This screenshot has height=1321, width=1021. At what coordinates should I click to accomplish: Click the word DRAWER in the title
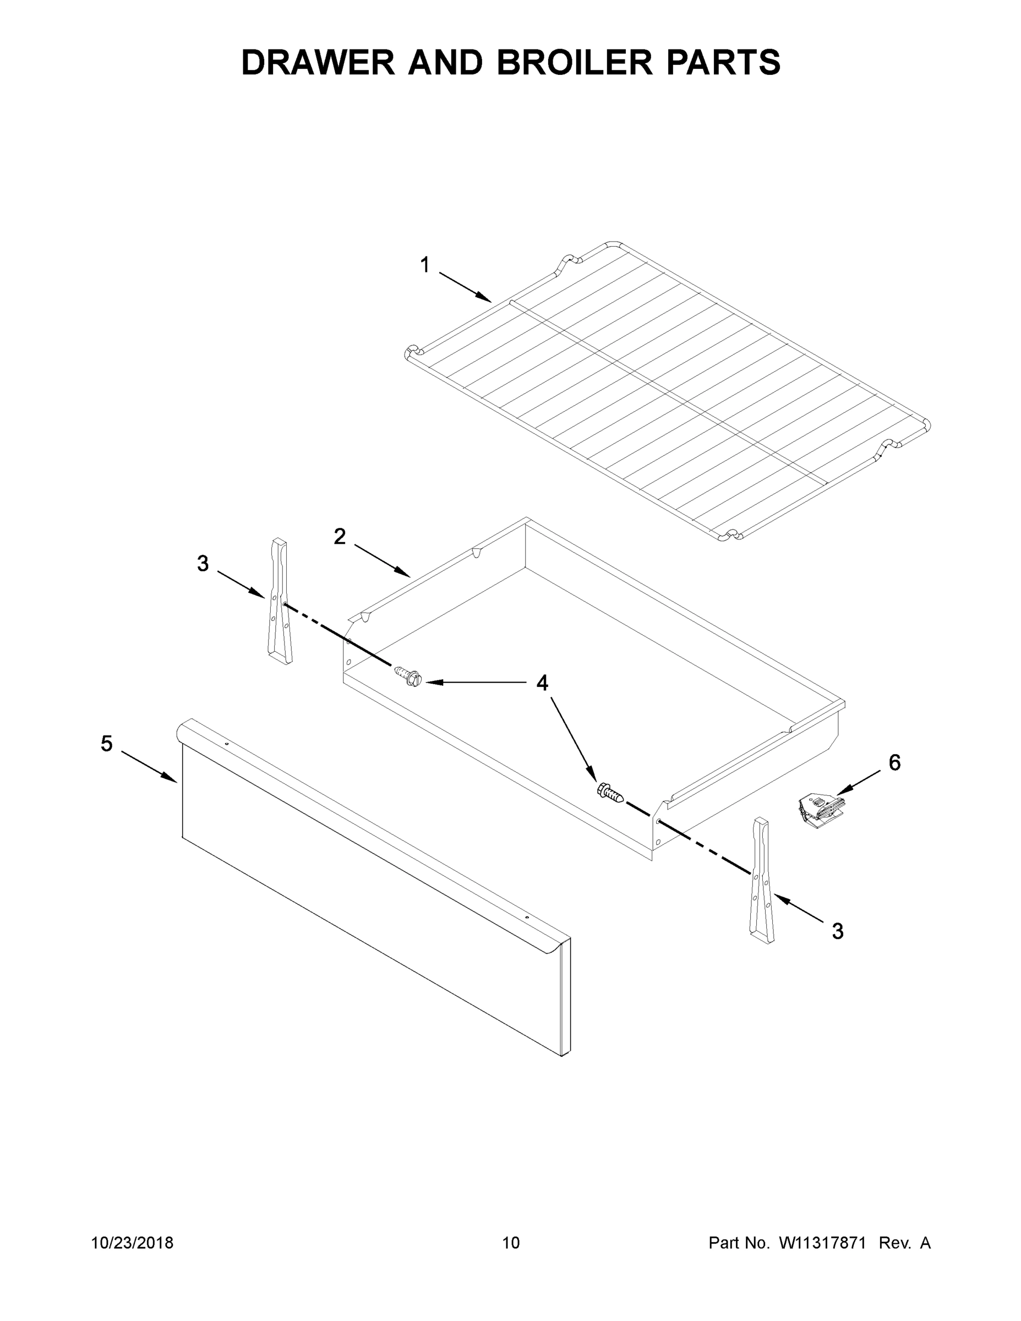point(318,62)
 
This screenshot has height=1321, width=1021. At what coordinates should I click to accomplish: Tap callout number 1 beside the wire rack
point(425,265)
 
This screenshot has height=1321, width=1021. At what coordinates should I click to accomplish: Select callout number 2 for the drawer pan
point(340,536)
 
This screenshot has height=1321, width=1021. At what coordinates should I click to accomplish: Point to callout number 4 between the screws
point(543,683)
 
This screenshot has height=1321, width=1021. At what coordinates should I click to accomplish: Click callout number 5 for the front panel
point(106,744)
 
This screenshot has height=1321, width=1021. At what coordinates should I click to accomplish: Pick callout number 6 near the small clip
point(894,763)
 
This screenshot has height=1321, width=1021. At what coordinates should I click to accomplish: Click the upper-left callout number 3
point(203,564)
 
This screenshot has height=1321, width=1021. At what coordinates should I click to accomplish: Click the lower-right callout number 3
point(838,931)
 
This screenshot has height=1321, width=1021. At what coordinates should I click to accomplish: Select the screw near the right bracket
point(610,791)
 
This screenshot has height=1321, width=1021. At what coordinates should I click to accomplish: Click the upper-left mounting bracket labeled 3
point(279,602)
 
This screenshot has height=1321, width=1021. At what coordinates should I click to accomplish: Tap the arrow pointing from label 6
point(858,782)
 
